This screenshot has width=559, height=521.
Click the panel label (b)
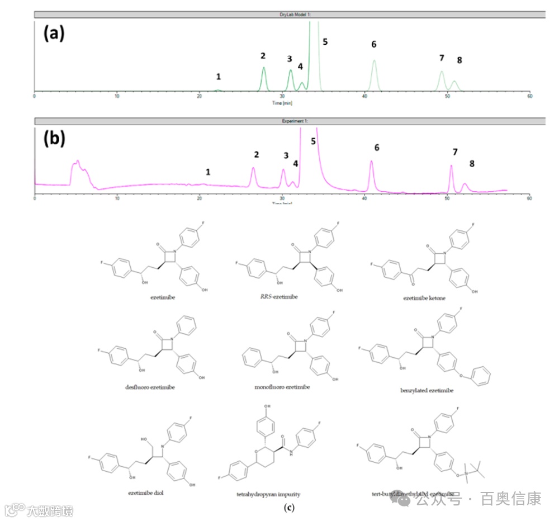click(54, 139)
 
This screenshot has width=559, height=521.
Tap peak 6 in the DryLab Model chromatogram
click(374, 73)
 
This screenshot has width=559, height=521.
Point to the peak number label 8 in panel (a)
click(459, 60)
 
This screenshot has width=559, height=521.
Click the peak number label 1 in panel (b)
click(208, 172)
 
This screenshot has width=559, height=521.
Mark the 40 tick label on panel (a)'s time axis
click(364, 96)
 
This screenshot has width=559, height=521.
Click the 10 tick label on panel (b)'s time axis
click(117, 198)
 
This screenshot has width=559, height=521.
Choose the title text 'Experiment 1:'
click(282, 121)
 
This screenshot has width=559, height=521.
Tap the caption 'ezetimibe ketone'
click(425, 298)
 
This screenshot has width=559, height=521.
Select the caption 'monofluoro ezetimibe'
click(282, 387)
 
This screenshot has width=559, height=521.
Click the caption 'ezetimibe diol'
click(145, 493)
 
